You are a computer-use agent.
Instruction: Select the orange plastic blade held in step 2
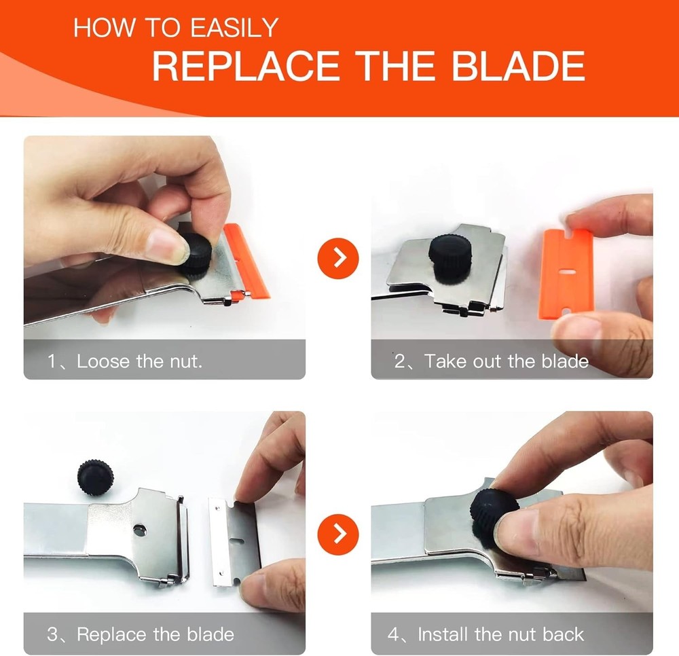coord(565,272)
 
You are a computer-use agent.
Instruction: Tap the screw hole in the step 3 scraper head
coord(139,528)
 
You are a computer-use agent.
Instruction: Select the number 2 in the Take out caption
coord(400,361)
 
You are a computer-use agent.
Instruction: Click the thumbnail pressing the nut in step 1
coord(161,242)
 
